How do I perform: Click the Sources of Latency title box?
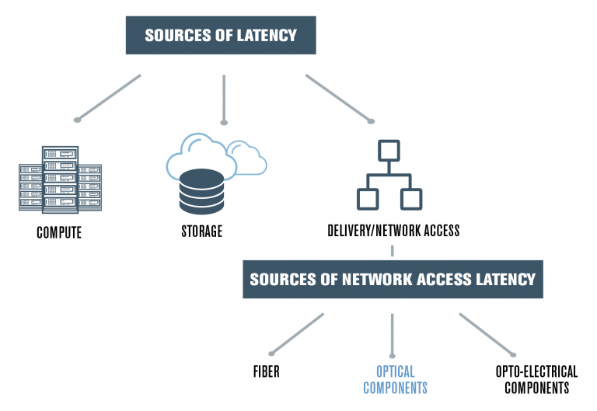[221, 35]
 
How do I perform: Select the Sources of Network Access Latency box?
[393, 278]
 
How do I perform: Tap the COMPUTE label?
[59, 232]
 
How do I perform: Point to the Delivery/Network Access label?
[393, 231]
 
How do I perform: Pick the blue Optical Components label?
[395, 380]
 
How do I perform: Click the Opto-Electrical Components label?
[536, 380]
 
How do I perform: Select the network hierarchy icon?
[389, 175]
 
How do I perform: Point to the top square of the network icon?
[389, 150]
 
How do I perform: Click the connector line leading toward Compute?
[109, 97]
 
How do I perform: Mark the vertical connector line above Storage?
[224, 99]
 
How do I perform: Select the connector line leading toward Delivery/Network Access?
[338, 98]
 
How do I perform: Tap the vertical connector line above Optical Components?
[392, 334]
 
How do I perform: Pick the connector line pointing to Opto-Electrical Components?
[486, 333]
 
